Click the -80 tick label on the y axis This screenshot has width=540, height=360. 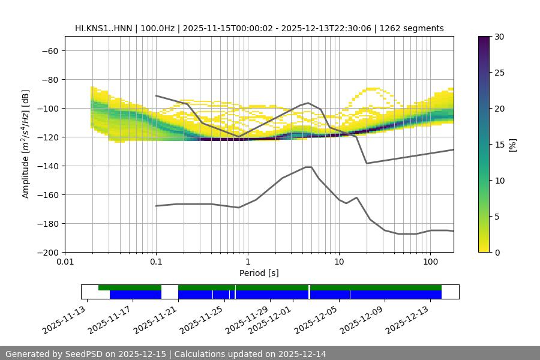49,80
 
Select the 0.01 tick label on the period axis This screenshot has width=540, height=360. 65,262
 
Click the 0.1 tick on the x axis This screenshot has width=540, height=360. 156,262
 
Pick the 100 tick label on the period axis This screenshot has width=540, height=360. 430,262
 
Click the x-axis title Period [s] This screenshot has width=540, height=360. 259,273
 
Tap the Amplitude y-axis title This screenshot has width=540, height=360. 26,144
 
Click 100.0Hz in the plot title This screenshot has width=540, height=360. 160,28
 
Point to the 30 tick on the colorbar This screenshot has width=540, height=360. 499,37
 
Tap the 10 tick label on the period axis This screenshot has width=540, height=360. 339,262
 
